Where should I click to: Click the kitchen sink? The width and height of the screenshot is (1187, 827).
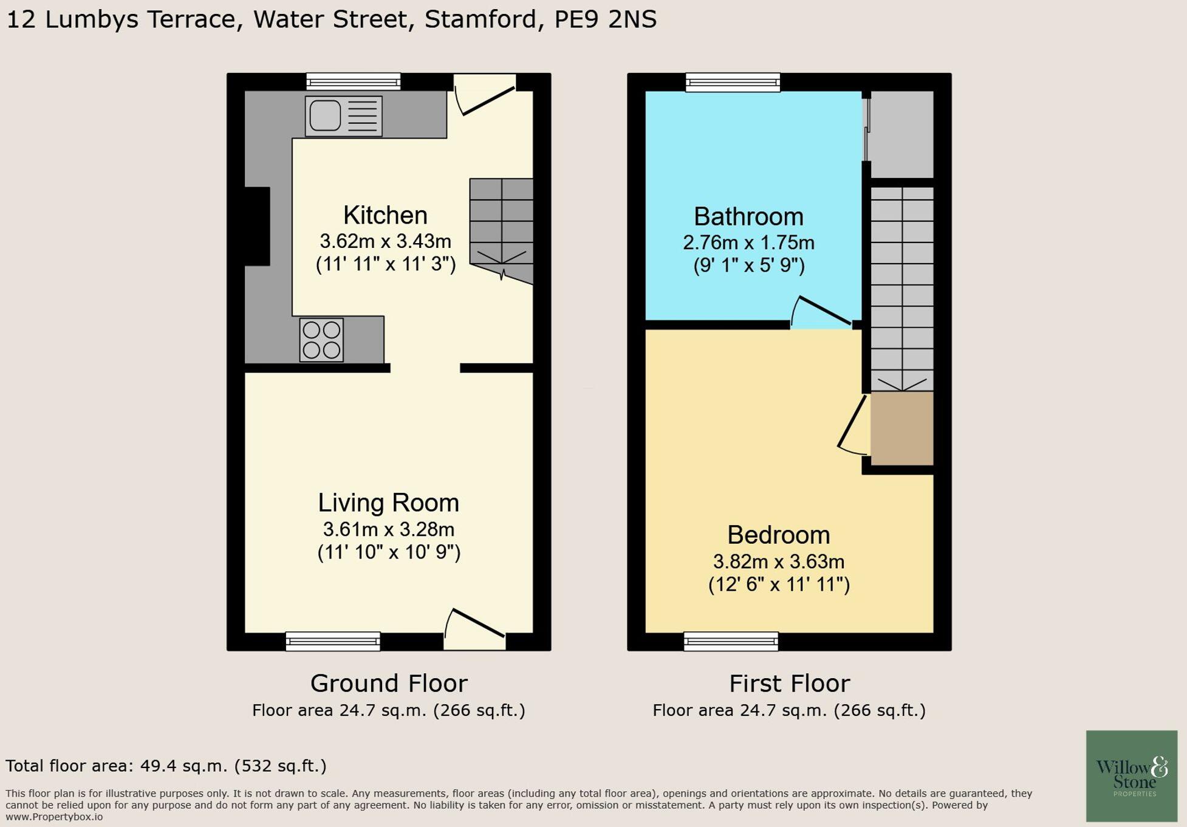coord(344,115)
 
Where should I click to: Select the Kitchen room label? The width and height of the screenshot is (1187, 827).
coord(385,215)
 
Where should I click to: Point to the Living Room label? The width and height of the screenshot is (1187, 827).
coord(388,503)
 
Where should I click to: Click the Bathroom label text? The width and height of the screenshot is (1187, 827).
coord(748,217)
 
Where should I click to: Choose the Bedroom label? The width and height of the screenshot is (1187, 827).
coord(778,535)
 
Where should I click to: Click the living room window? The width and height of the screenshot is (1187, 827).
coord(333,641)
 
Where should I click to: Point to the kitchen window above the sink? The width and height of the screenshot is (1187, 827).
coord(353,81)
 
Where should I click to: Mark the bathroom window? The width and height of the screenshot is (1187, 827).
coord(733,82)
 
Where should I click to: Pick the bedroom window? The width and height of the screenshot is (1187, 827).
coord(731,641)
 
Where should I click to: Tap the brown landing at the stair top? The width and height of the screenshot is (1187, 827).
coord(901,428)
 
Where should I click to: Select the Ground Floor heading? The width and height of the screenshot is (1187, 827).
coord(389,684)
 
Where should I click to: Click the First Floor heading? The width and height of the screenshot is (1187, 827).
coord(789,684)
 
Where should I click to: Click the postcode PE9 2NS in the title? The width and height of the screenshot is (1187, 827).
coord(605,19)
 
